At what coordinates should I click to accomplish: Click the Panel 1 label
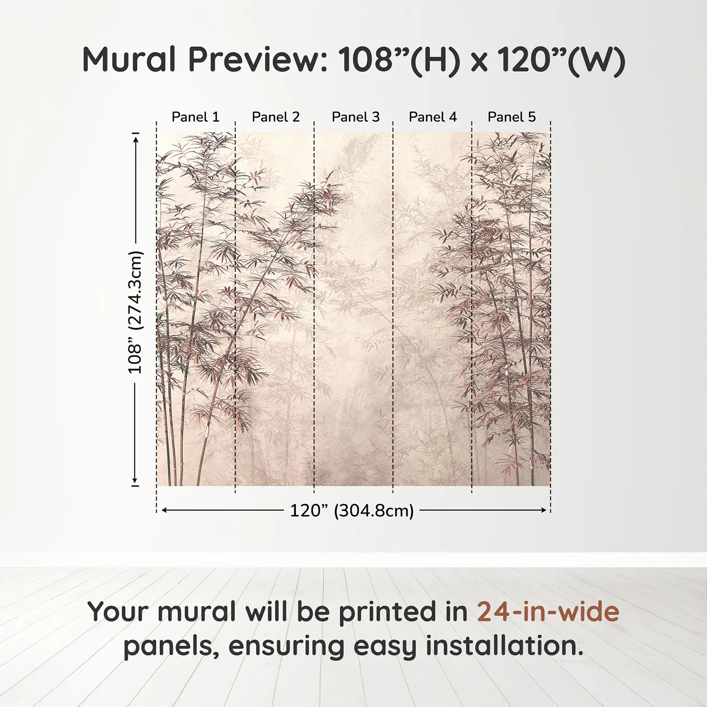(195, 117)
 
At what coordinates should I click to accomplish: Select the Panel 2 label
(275, 117)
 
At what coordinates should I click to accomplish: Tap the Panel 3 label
(356, 117)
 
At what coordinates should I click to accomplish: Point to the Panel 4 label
(433, 117)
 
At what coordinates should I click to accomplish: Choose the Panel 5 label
(512, 117)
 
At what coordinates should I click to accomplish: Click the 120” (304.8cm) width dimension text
(351, 511)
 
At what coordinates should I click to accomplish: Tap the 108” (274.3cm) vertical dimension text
(135, 312)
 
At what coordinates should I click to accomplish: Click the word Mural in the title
(129, 59)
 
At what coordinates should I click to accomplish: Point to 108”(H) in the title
(399, 59)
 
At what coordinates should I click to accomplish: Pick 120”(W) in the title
(561, 59)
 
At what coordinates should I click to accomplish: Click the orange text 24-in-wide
(548, 612)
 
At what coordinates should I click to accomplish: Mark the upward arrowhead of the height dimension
(135, 137)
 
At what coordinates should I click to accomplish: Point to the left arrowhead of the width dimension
(164, 511)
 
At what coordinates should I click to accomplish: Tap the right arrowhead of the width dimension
(544, 511)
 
